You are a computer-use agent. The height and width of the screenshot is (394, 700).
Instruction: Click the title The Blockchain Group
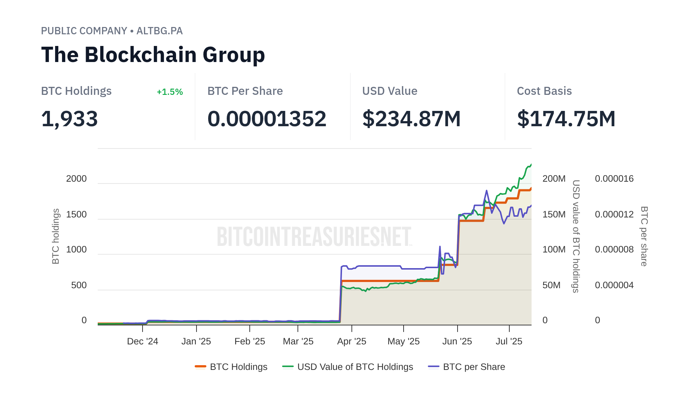point(153,55)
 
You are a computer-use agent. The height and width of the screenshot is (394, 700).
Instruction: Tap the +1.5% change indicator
point(170,92)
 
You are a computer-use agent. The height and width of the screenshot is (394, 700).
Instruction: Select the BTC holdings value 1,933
point(69,119)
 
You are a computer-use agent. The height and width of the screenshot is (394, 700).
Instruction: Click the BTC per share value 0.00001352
point(267,119)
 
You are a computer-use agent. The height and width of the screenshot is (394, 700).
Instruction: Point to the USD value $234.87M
point(411,119)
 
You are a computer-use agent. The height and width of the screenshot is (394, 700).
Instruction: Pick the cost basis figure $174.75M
point(566,119)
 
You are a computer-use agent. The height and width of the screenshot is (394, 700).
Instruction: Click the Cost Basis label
point(544,91)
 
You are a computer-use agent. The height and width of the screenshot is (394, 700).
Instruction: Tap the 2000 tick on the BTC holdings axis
point(76,179)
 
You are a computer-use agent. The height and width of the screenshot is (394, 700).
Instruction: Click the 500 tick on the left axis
point(79,285)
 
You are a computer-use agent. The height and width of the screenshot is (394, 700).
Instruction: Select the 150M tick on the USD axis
point(554,215)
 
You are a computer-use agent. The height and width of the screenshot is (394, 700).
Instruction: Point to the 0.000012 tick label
point(614,215)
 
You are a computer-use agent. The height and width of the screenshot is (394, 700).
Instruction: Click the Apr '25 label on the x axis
point(351,341)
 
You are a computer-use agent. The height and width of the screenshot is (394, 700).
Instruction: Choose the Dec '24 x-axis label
point(142,341)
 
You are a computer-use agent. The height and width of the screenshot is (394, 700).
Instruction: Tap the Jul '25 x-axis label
point(509,341)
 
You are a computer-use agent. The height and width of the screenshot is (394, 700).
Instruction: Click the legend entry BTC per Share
point(474,367)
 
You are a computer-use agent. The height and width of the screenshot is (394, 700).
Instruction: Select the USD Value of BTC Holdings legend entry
point(355,367)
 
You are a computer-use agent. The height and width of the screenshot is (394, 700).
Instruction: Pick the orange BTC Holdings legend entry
point(238,367)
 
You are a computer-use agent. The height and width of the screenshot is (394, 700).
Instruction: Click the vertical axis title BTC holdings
point(55,236)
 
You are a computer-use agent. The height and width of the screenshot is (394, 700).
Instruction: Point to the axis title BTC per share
point(644,236)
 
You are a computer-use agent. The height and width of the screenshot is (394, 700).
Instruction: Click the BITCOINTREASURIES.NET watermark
point(314,236)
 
